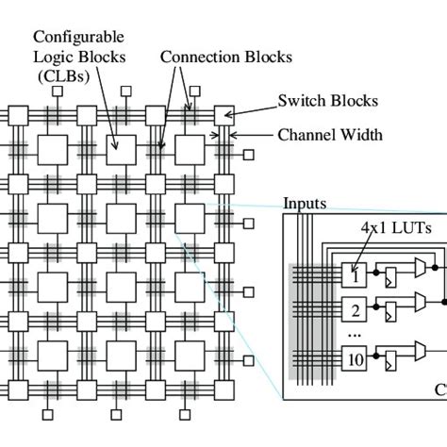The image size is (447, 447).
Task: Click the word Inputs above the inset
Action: [306, 204]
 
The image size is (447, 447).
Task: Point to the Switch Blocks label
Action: [327, 99]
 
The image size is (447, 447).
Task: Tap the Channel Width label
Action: [329, 135]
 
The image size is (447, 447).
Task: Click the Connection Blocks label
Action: [225, 57]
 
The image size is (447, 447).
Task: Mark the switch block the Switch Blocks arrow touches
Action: [224, 116]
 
